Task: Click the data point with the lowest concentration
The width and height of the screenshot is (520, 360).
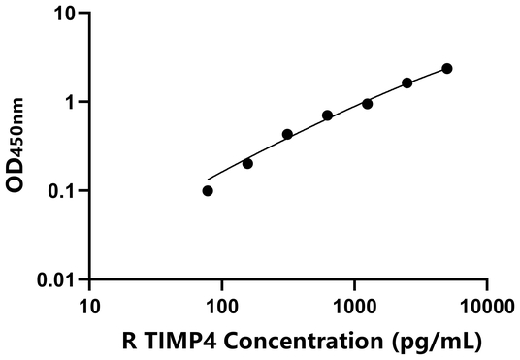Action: [x=208, y=191]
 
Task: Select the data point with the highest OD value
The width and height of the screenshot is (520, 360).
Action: [x=447, y=68]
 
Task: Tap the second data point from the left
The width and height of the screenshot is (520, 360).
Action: [x=247, y=163]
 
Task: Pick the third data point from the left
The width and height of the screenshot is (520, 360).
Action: [x=287, y=134]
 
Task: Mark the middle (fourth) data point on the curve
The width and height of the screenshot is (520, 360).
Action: [x=327, y=115]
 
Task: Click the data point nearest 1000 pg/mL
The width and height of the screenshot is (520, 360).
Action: [x=367, y=103]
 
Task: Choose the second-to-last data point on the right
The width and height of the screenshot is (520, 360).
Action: [x=407, y=82]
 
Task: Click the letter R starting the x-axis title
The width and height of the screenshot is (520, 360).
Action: [x=130, y=341]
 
